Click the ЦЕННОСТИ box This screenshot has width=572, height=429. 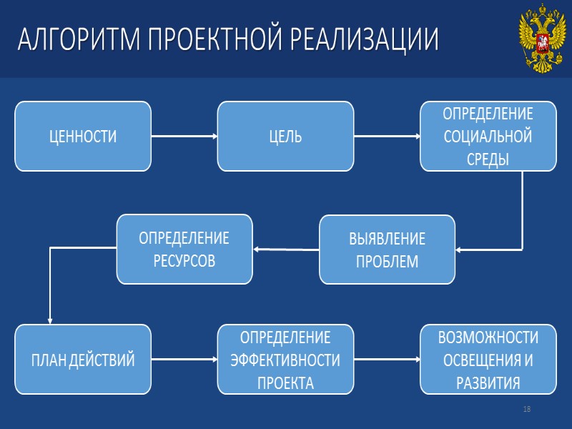83,136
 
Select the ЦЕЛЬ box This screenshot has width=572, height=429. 285,136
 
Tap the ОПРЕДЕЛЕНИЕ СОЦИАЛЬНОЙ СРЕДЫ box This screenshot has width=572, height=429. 488,136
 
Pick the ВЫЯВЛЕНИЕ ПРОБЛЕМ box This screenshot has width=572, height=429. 387,250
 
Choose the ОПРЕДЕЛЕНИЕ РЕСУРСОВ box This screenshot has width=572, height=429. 184,248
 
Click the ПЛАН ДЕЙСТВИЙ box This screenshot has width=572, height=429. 83,359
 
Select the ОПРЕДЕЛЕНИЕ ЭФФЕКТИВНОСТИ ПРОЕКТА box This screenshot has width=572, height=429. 285,359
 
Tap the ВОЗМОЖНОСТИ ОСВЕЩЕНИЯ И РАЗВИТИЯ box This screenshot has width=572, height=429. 488,359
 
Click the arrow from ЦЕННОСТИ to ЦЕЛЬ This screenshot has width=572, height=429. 184,136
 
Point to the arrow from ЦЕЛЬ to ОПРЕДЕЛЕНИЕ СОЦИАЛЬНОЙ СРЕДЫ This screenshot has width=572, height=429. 386,136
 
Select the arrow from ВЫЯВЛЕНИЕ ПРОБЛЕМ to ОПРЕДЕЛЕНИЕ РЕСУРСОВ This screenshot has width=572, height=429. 286,250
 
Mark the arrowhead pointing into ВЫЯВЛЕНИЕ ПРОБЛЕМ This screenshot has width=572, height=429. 458,250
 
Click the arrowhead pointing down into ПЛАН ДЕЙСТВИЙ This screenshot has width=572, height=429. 49,320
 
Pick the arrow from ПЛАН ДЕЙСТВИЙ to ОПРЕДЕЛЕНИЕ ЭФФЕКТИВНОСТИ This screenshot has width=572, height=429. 184,359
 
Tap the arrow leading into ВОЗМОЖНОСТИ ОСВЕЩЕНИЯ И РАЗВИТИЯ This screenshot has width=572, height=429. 386,359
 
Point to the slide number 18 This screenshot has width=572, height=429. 527,409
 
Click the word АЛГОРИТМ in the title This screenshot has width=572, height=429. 79,40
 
